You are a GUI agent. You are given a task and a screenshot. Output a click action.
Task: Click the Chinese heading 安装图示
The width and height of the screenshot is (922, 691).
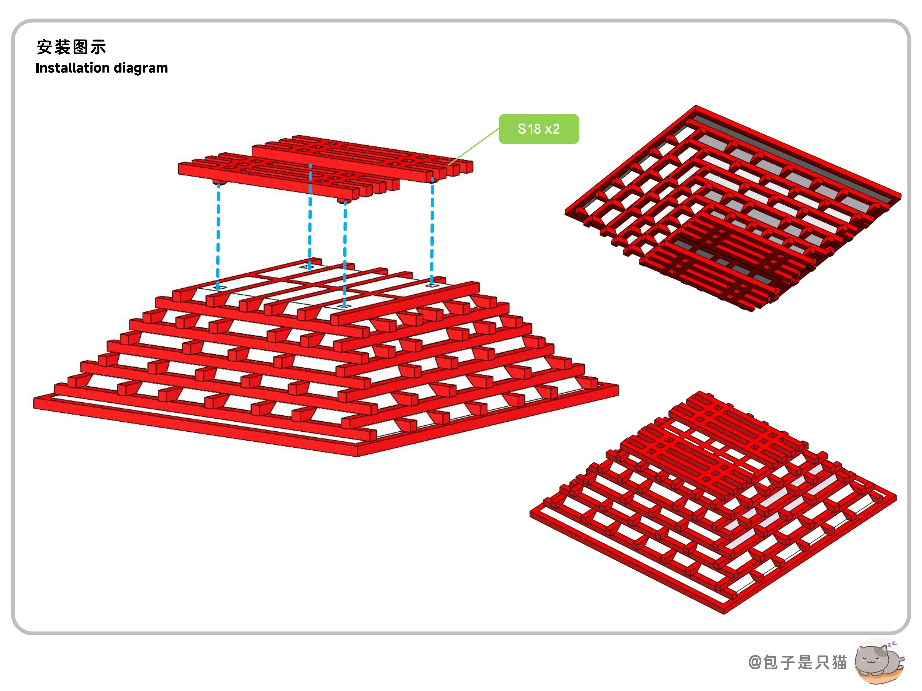click(71, 47)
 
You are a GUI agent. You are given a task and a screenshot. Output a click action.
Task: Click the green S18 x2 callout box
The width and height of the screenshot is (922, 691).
click(539, 129)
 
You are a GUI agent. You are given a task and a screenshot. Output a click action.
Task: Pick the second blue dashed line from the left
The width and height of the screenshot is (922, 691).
click(310, 217)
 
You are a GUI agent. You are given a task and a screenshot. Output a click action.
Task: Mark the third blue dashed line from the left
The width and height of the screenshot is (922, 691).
click(345, 254)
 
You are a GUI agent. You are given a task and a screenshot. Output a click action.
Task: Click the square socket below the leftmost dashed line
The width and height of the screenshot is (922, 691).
click(221, 287)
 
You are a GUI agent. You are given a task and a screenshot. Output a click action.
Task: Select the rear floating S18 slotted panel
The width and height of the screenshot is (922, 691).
click(362, 158)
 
